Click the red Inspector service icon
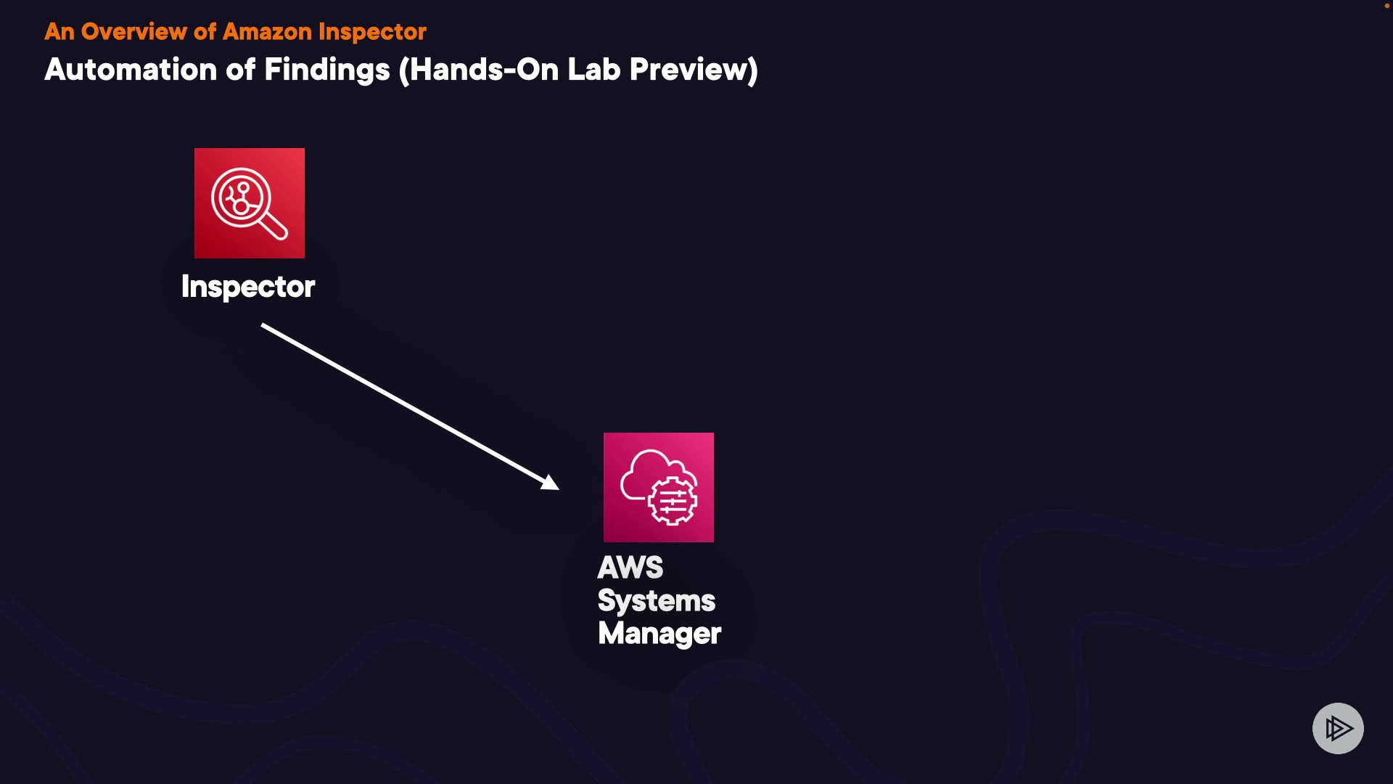pyautogui.click(x=250, y=203)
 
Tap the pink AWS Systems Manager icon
pyautogui.click(x=658, y=487)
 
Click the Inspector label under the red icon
pyautogui.click(x=248, y=287)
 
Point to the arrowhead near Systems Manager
pyautogui.click(x=551, y=483)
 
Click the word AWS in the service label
pyautogui.click(x=630, y=568)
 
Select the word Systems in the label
pyautogui.click(x=656, y=601)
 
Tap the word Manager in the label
pyautogui.click(x=659, y=634)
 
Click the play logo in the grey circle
pyautogui.click(x=1338, y=728)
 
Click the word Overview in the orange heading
pyautogui.click(x=134, y=32)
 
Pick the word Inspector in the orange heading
pyautogui.click(x=372, y=32)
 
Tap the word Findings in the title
pyautogui.click(x=326, y=70)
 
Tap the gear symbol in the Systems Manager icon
pyautogui.click(x=673, y=501)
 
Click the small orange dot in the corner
pyautogui.click(x=1386, y=6)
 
